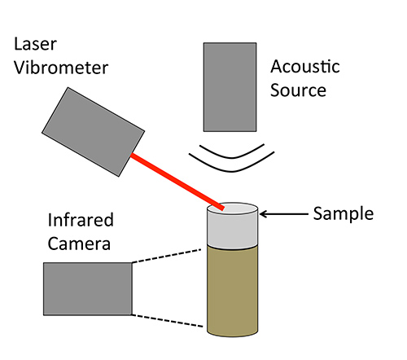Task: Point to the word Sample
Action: pos(343,215)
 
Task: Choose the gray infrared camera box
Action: pos(88,288)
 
